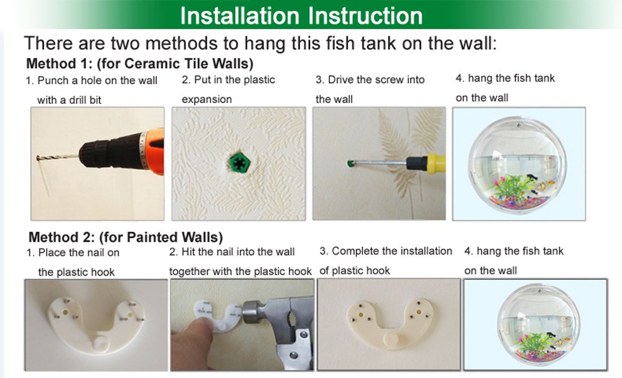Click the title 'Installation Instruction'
(301, 16)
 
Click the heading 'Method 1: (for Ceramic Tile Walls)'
(140, 64)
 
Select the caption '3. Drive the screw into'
(370, 80)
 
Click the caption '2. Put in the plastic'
(228, 80)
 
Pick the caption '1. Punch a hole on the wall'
(91, 81)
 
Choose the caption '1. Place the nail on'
(73, 253)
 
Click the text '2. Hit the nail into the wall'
(232, 252)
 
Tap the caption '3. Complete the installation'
(386, 251)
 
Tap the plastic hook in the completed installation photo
(388, 317)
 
